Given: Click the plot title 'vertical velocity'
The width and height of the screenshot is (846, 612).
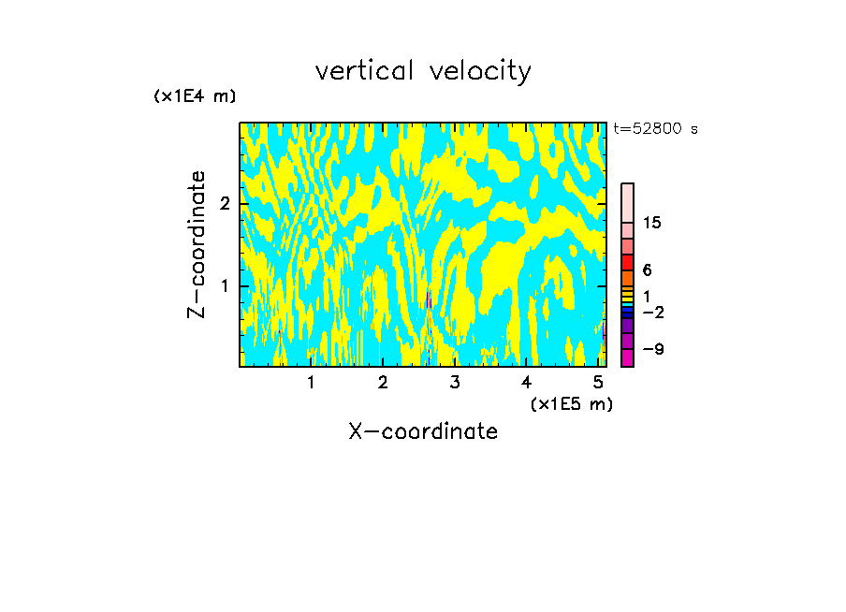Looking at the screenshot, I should tap(423, 71).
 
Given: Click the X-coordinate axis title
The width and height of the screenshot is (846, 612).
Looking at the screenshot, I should tap(423, 431).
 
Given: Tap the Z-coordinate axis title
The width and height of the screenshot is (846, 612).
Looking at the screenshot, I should tap(197, 244).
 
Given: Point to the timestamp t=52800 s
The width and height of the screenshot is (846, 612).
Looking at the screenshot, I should tap(655, 129).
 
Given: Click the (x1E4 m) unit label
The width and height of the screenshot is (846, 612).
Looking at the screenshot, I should tap(195, 96).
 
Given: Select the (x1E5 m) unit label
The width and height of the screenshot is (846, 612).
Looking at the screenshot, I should tap(571, 403).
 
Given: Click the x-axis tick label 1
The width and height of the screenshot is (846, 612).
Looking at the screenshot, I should tap(311, 383).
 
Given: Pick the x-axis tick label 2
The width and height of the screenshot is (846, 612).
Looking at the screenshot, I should tap(383, 383).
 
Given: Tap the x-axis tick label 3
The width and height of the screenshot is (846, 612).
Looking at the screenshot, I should tap(455, 383).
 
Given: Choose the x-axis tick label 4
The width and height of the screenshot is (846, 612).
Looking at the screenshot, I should tap(527, 383).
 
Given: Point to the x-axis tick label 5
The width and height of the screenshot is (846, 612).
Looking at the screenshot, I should tap(598, 383).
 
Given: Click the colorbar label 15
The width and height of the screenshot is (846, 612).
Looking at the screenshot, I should tap(652, 223).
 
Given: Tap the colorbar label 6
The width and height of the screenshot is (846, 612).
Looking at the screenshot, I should tap(647, 270).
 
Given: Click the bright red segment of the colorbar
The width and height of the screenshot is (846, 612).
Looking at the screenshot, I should tap(627, 262).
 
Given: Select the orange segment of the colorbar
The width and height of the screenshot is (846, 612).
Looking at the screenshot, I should tap(627, 278).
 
